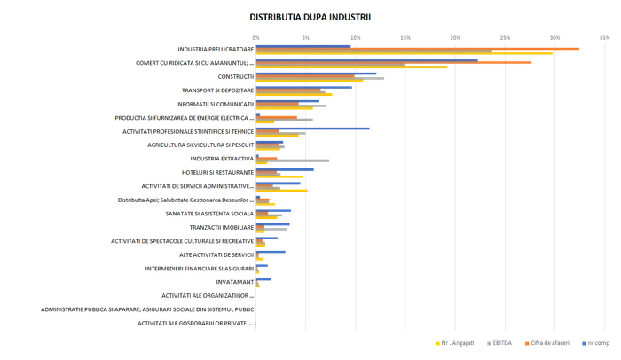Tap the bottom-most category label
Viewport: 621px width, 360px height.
tap(194, 325)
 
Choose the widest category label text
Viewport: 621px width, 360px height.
tap(146, 310)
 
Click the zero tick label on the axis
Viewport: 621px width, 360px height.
tap(255, 36)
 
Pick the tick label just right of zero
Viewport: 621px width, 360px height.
tap(305, 36)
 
